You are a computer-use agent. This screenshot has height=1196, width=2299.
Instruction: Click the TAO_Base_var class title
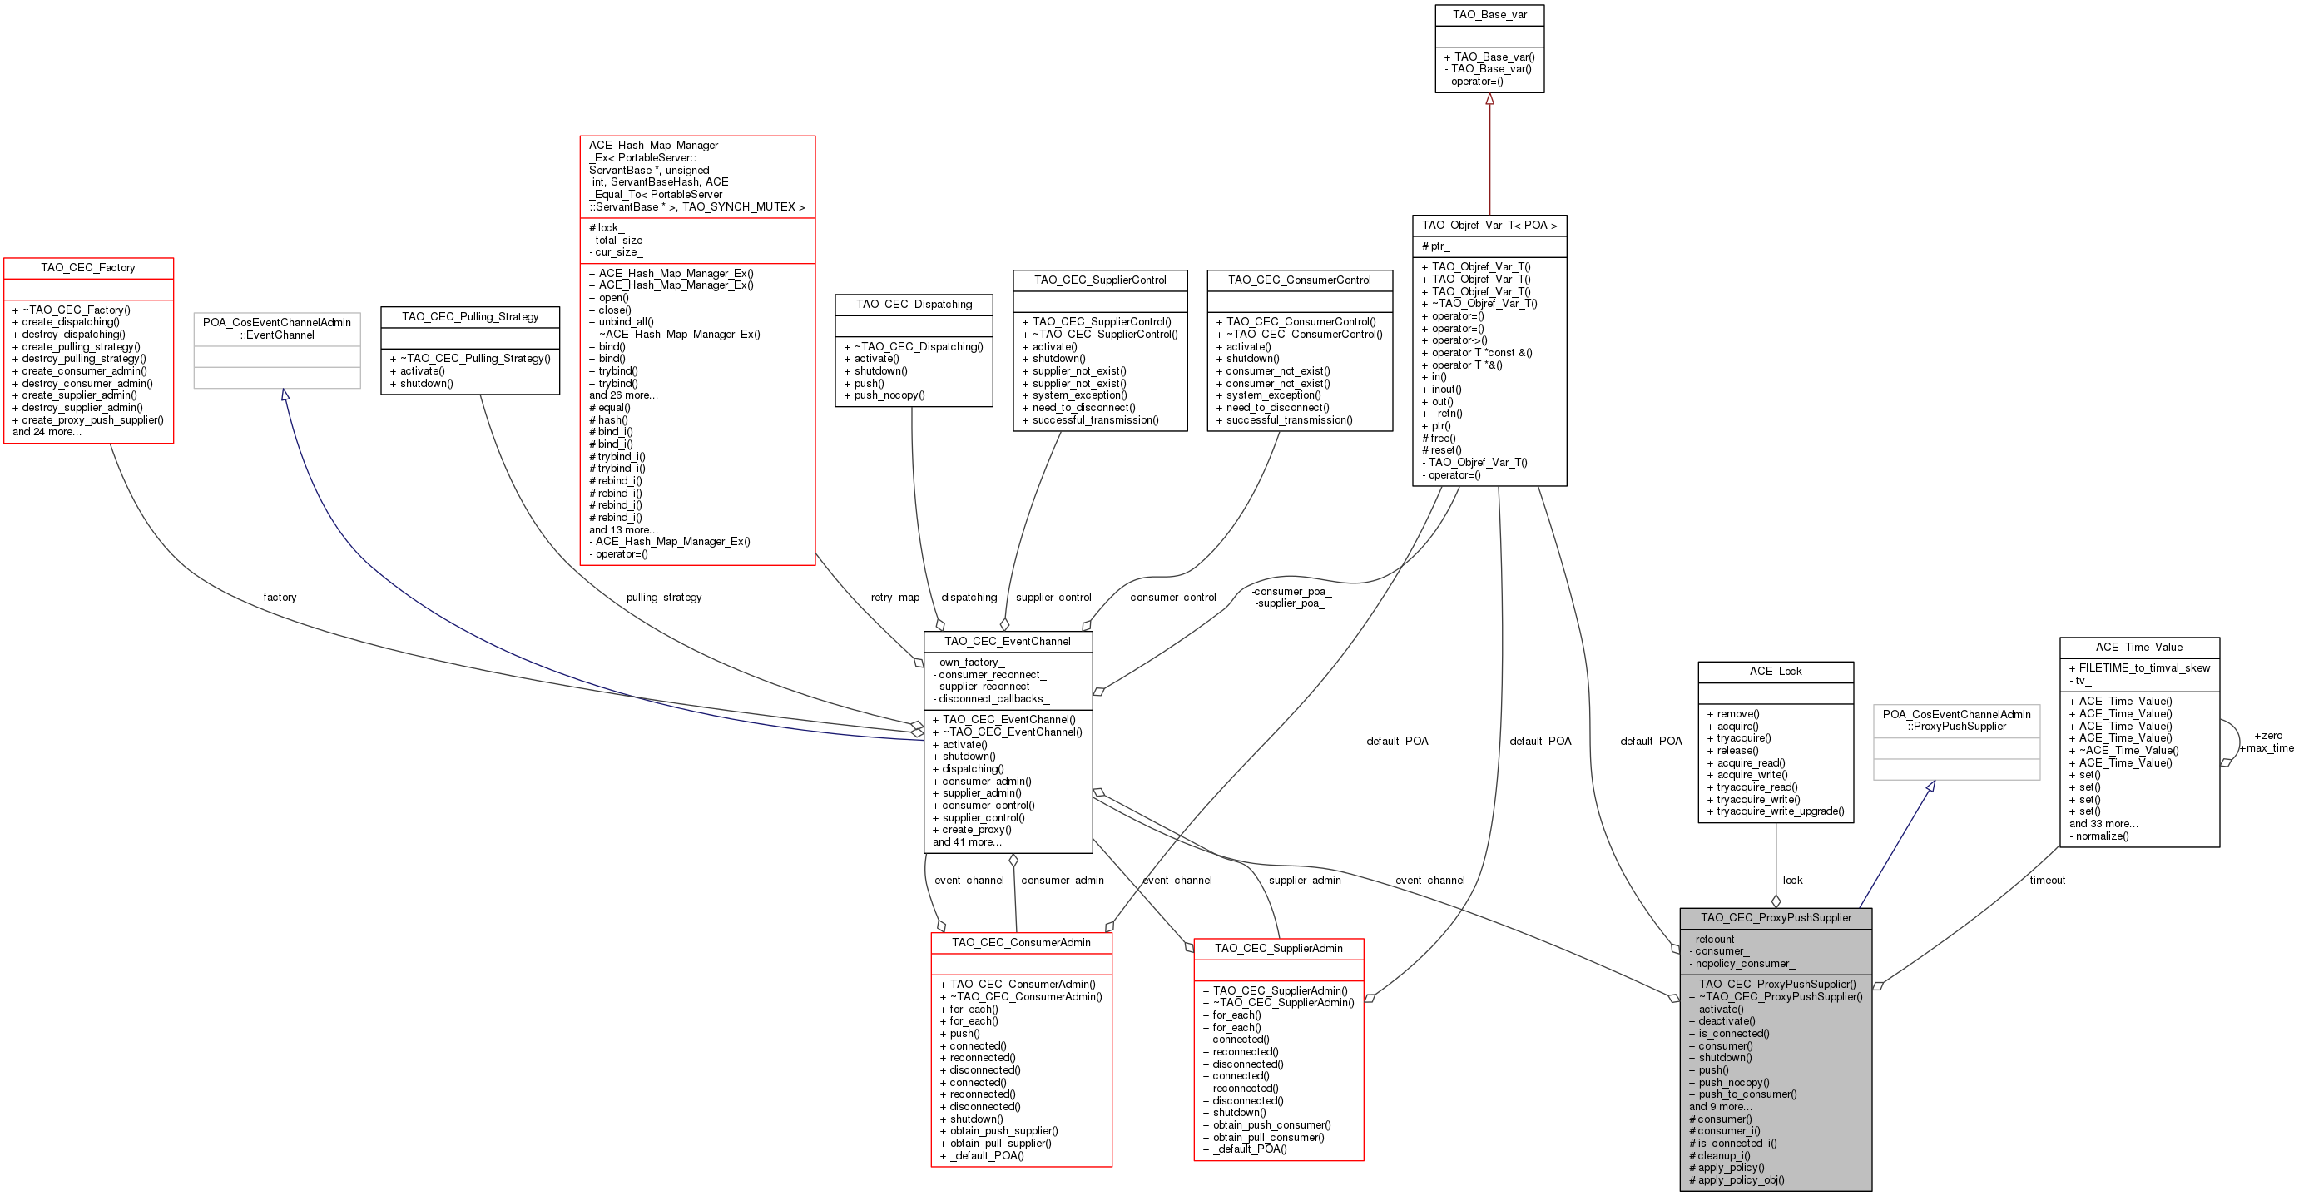coord(1489,14)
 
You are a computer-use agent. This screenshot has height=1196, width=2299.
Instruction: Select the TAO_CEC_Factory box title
coord(88,268)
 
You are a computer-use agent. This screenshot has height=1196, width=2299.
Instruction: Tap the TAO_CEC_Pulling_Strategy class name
coord(470,317)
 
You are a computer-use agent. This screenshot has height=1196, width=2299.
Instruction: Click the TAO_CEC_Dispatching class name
coord(914,305)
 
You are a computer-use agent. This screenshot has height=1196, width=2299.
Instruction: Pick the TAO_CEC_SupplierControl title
coord(1101,280)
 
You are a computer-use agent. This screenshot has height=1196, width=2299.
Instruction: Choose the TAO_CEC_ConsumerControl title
coord(1300,280)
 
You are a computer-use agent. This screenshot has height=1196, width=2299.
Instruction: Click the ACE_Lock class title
coord(1776,671)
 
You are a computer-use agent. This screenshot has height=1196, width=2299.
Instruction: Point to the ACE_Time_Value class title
coord(2139,647)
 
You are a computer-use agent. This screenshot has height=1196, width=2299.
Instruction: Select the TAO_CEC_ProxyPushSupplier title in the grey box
coord(1776,917)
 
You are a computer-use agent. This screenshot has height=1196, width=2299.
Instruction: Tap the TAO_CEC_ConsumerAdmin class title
coord(1021,942)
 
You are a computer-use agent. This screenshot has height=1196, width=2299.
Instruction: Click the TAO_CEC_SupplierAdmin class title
coord(1279,949)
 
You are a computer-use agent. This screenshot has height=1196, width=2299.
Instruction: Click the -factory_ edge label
coord(282,597)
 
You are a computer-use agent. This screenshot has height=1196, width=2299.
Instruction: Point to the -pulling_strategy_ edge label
coord(666,597)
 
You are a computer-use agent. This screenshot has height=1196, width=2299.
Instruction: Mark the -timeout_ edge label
coord(2049,880)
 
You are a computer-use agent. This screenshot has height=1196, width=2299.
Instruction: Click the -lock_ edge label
coord(1794,880)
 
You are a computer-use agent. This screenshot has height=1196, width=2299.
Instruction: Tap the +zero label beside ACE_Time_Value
coord(2267,736)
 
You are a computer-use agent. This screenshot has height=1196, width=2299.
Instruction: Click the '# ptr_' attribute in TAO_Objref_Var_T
coord(1435,246)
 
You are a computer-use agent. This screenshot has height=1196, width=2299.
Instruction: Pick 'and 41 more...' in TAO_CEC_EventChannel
coord(968,841)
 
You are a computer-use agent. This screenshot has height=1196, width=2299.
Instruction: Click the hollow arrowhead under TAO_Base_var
coord(1489,99)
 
